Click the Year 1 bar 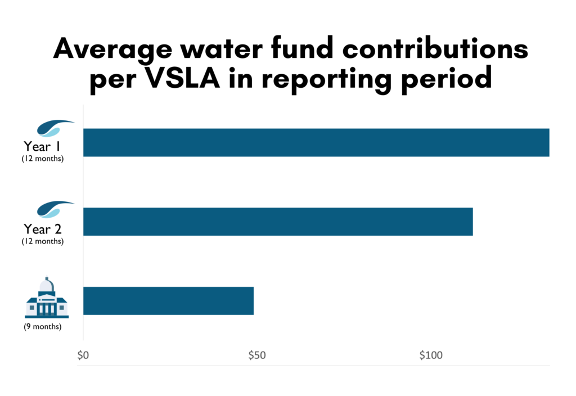pyautogui.click(x=316, y=142)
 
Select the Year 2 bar pyautogui.click(x=278, y=222)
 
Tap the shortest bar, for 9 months pyautogui.click(x=168, y=300)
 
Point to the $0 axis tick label pyautogui.click(x=83, y=355)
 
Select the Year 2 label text pyautogui.click(x=43, y=229)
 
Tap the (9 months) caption pyautogui.click(x=43, y=326)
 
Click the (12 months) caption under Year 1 pyautogui.click(x=43, y=159)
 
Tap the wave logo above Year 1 pyautogui.click(x=55, y=128)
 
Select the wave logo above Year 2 pyautogui.click(x=55, y=209)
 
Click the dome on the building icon pyautogui.click(x=47, y=285)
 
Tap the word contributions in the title pyautogui.click(x=435, y=50)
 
